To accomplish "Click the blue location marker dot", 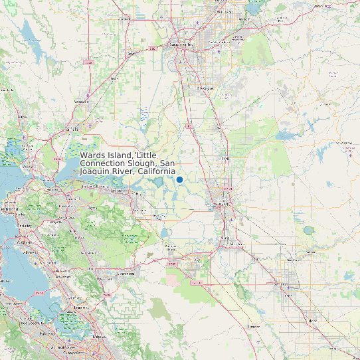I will point(179,179).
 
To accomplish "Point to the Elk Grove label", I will point(206,88).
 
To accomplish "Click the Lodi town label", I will point(224,159).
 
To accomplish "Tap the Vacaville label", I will point(82,102).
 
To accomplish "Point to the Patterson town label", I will point(252,327).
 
